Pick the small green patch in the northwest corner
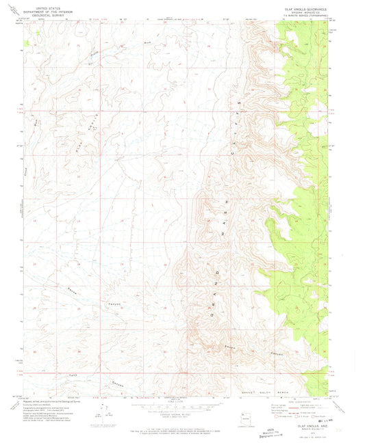coord(27,42)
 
